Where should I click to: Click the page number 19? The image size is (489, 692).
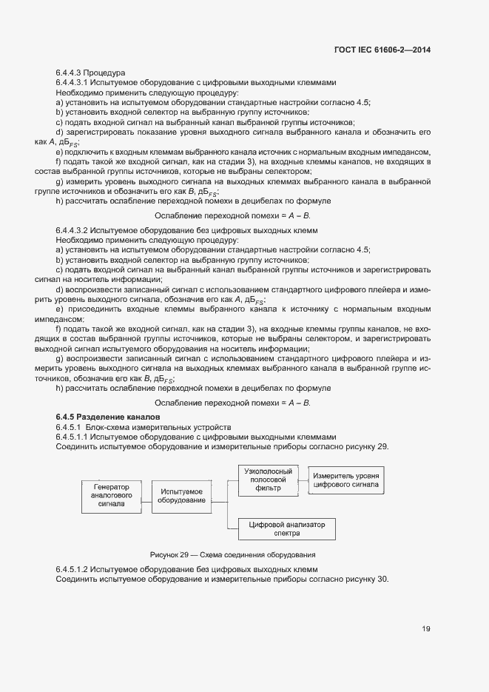point(426,628)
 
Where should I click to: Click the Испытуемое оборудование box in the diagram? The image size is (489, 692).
point(182,496)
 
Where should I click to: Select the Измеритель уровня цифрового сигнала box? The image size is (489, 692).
point(346,480)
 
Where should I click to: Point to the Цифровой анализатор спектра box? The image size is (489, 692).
point(286,528)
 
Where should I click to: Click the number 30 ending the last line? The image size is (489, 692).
point(382,579)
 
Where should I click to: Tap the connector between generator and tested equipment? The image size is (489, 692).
point(144,496)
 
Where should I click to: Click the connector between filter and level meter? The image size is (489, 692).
point(303,480)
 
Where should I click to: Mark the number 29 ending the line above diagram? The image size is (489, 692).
point(382,446)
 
